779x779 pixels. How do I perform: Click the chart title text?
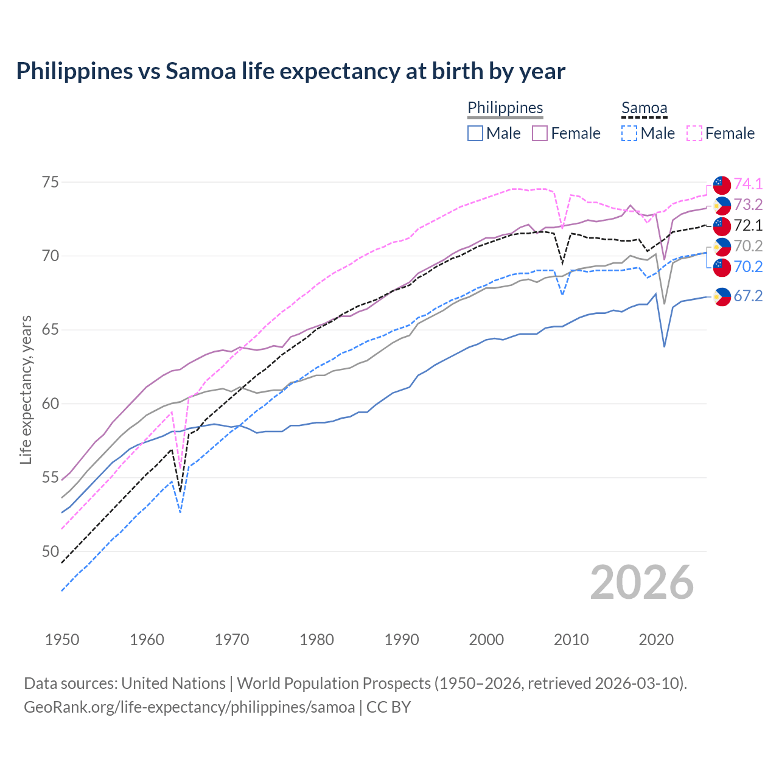(290, 71)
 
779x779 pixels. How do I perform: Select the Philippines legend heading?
(505, 108)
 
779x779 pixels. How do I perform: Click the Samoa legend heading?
(644, 108)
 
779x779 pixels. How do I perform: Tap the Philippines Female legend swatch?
(540, 133)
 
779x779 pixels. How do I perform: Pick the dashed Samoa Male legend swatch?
(629, 133)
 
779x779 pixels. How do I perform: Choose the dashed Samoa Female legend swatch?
(694, 133)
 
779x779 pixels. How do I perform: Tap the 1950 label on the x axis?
(62, 640)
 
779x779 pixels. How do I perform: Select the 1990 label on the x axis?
(402, 640)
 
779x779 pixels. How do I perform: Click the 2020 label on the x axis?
(656, 640)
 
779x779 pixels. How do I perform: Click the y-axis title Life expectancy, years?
(26, 389)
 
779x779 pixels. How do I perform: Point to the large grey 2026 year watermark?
(641, 582)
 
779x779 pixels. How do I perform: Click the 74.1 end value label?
(748, 184)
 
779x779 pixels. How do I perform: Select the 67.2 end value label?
(748, 296)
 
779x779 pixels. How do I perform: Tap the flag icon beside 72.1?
(722, 226)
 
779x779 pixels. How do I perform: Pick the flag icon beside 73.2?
(722, 205)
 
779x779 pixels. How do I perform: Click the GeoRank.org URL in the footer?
(189, 707)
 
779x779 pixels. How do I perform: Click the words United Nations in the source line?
(173, 683)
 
